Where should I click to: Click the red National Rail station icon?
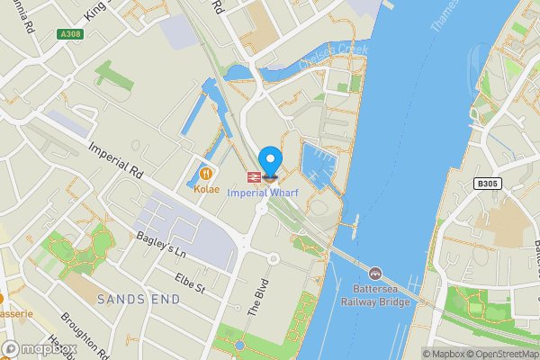(254, 175)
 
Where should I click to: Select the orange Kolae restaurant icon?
(206, 173)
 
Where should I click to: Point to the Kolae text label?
(206, 190)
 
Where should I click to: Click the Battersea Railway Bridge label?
(375, 295)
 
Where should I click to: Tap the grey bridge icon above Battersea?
(374, 273)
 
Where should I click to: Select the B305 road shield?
(486, 184)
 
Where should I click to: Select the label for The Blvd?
(258, 293)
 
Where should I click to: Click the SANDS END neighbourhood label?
(133, 299)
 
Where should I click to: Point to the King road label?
(94, 11)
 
